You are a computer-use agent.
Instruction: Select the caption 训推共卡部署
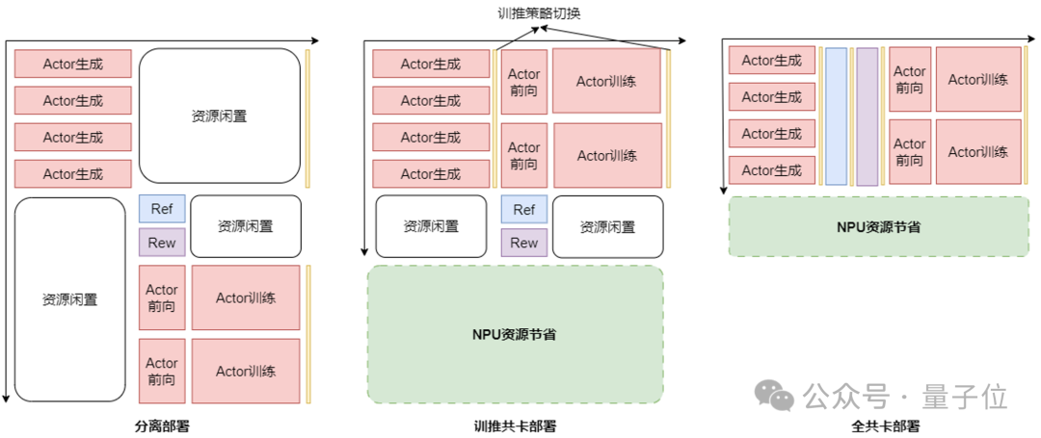click(515, 425)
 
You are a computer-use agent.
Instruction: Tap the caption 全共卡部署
click(886, 425)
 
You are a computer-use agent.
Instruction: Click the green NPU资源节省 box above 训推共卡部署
click(515, 334)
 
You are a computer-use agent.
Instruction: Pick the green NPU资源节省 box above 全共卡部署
click(878, 226)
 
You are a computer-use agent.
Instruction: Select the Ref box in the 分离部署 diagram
click(161, 209)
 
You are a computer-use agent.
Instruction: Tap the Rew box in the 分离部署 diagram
click(161, 243)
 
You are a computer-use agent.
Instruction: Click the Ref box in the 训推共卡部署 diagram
click(523, 209)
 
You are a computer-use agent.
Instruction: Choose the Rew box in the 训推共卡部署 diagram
click(523, 243)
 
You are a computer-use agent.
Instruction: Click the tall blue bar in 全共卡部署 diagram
click(836, 116)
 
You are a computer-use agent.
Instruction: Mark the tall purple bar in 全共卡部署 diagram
click(867, 116)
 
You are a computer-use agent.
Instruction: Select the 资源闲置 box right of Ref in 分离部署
click(245, 226)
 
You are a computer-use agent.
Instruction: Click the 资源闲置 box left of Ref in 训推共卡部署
click(430, 226)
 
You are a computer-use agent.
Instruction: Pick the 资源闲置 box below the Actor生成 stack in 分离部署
click(69, 299)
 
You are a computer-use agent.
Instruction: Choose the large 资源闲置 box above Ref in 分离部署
click(219, 116)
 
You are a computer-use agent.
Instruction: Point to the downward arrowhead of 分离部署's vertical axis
click(7, 397)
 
